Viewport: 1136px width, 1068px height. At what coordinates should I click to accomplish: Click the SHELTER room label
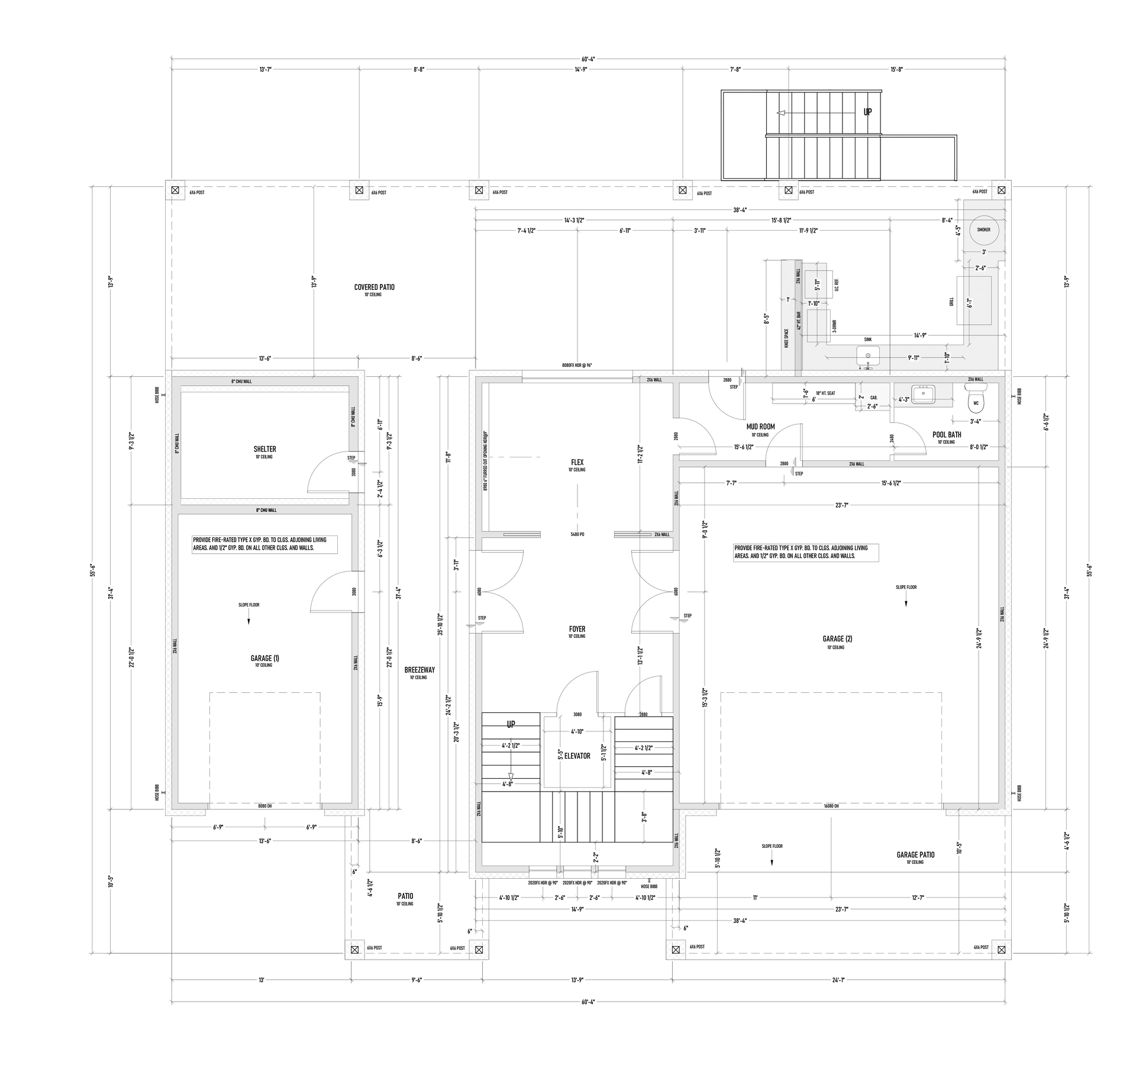264,449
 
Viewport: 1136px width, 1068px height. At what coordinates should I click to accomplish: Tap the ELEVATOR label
577,756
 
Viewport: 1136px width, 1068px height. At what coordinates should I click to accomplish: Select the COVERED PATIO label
374,287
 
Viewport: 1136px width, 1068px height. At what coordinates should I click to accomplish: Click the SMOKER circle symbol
983,230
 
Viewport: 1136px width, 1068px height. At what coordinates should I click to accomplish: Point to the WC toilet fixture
976,399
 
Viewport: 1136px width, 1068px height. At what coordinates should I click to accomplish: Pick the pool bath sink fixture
923,394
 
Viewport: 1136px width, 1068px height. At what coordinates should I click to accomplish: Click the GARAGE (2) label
837,639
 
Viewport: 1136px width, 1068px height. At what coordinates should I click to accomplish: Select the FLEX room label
577,462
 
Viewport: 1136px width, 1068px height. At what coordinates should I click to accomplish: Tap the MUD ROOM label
760,427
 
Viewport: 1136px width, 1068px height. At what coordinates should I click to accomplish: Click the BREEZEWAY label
419,670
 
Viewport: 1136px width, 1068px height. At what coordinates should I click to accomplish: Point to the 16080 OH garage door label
831,806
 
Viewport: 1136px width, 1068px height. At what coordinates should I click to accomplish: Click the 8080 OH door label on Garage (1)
264,806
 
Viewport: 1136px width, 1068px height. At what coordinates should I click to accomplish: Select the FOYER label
577,629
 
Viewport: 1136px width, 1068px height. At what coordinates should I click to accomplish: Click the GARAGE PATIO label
915,854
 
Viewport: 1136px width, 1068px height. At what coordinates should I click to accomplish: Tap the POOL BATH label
947,434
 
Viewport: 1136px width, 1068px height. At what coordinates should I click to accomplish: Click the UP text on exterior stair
867,112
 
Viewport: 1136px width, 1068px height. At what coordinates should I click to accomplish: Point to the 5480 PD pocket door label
577,534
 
